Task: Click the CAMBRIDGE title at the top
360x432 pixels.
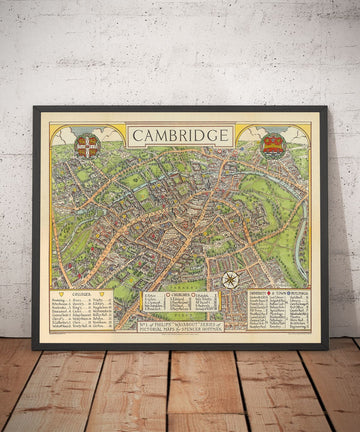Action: [x=180, y=136]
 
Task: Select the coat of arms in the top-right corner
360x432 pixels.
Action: [x=273, y=146]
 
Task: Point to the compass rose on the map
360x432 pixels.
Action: [x=230, y=279]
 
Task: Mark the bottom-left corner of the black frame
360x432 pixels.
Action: [x=34, y=348]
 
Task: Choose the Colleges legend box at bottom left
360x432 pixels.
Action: [x=81, y=311]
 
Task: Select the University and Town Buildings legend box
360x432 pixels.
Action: [x=279, y=311]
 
